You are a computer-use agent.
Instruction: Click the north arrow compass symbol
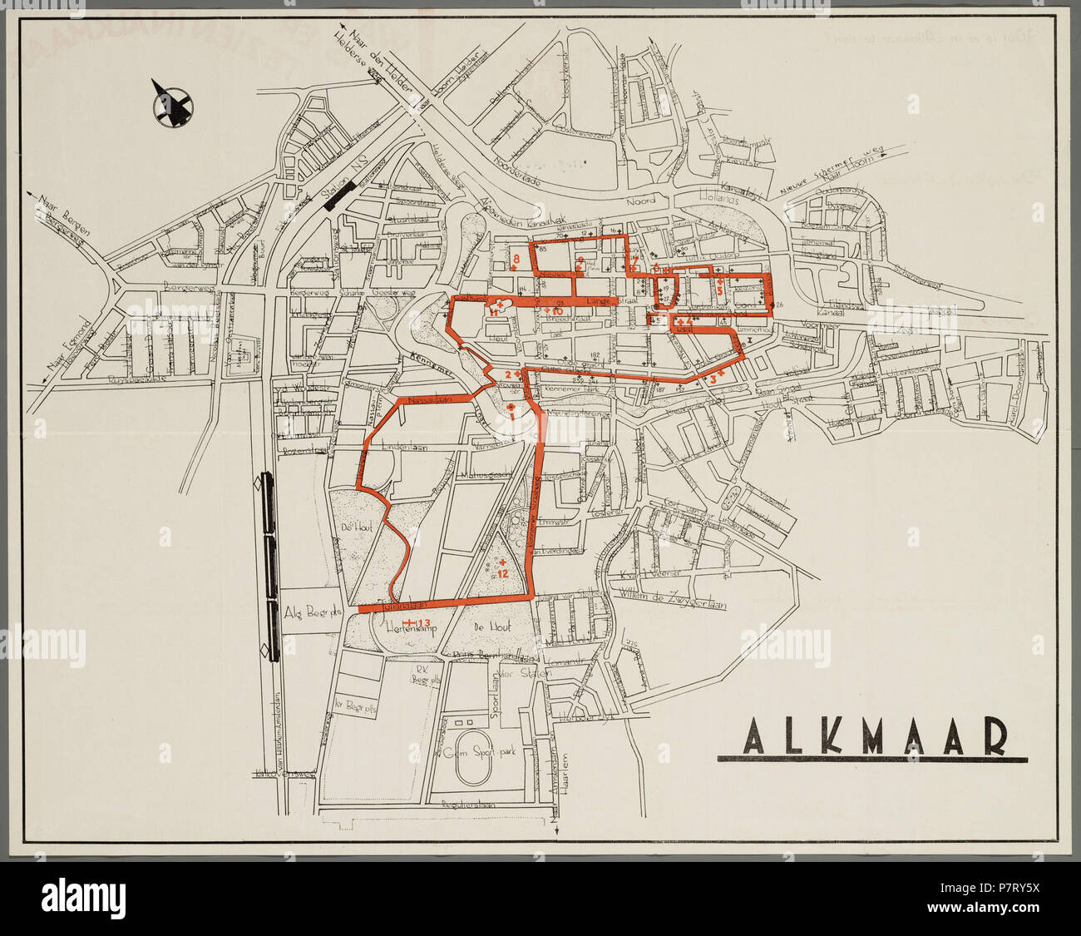(x=173, y=106)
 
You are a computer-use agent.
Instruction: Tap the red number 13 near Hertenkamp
(x=423, y=623)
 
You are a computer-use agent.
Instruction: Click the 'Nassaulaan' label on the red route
(x=430, y=400)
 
